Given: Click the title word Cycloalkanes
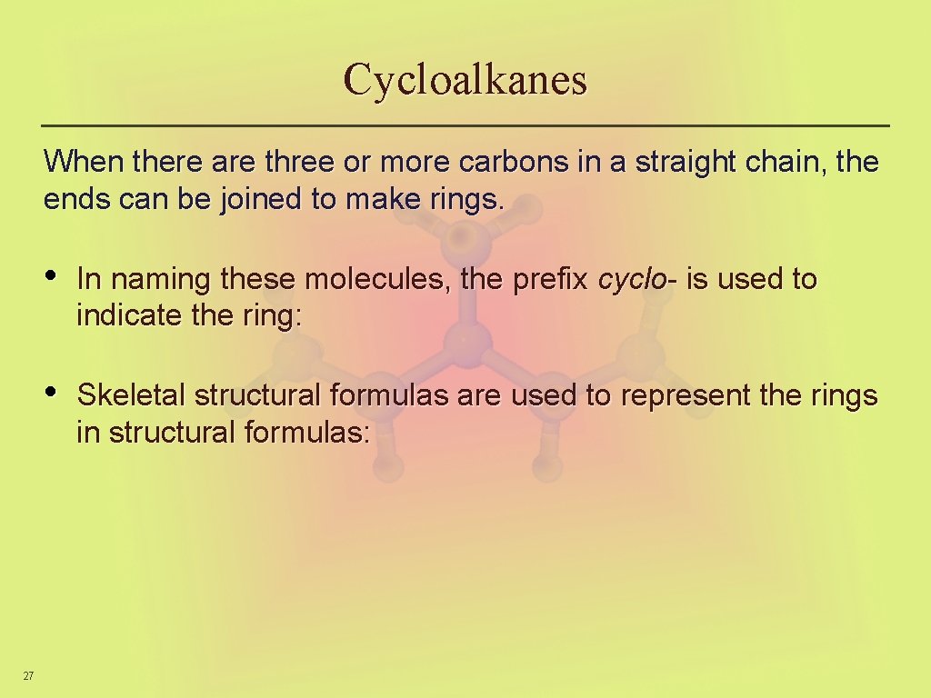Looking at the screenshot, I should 465,80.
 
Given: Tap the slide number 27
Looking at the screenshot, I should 28,675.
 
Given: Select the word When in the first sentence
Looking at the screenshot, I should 85,162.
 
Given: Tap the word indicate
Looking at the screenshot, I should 126,316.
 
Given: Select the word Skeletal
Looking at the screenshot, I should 131,395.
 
